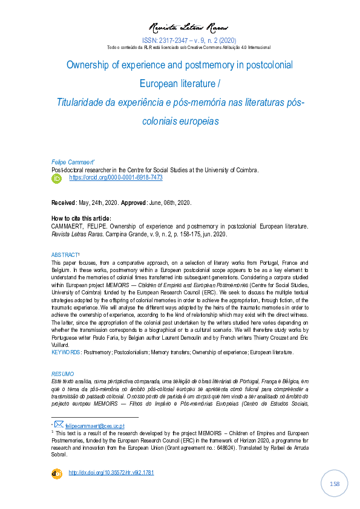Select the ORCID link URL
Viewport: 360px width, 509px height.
coord(116,178)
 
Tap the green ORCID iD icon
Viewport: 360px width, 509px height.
coord(57,178)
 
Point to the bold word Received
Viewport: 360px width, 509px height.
coord(64,202)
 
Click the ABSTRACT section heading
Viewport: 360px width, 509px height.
coord(65,255)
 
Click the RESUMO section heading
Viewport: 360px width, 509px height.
coord(62,374)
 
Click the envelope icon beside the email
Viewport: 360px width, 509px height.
coord(59,425)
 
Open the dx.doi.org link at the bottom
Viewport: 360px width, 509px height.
coord(111,473)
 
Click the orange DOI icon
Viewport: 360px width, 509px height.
coord(57,473)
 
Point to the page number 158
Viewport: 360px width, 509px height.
coord(334,484)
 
